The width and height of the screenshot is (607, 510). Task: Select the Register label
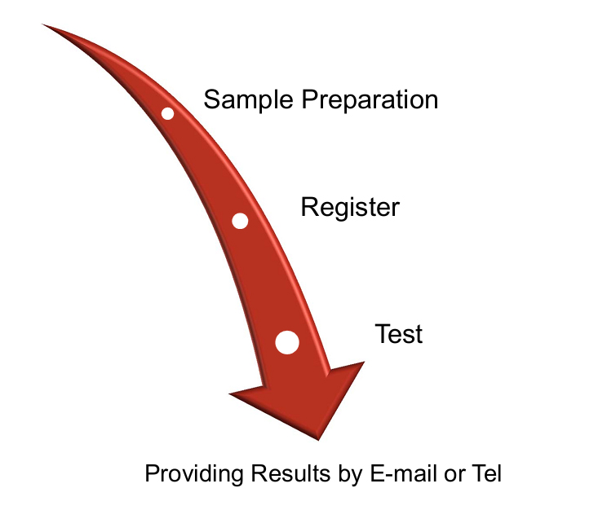[x=350, y=208]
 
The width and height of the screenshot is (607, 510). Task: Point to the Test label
[x=399, y=334]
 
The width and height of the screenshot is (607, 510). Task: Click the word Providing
[x=194, y=474]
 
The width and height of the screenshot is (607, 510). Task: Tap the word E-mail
[x=404, y=473]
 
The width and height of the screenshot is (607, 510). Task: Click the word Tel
[x=486, y=473]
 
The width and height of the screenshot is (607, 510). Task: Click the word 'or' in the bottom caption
[x=454, y=476]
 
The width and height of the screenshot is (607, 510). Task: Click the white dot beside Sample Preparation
[x=167, y=114]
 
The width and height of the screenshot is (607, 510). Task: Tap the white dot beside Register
[x=240, y=221]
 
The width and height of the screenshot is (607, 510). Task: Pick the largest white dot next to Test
[x=287, y=342]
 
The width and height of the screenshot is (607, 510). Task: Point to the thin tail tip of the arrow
[x=42, y=24]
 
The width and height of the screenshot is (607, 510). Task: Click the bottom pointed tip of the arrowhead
[x=318, y=440]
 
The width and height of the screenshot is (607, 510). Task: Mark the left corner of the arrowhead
[x=229, y=394]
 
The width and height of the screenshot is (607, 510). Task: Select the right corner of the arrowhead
[x=364, y=362]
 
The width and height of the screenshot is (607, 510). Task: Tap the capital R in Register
[x=310, y=207]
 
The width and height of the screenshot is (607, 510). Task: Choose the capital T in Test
[x=383, y=334]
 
